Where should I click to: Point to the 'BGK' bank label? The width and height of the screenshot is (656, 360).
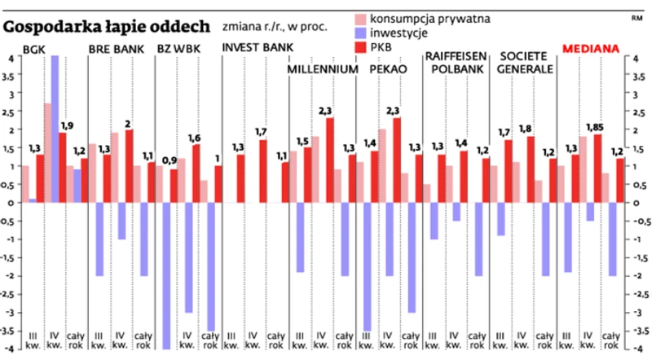coord(34,50)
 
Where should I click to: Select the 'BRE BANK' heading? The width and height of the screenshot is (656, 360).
coord(116,50)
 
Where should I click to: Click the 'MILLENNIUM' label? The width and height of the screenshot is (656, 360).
coord(323,69)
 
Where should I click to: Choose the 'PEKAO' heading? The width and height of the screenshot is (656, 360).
coord(387,69)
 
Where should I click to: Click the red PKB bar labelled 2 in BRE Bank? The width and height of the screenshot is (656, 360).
coord(129,166)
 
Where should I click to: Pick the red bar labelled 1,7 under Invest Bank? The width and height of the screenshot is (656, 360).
coord(262,171)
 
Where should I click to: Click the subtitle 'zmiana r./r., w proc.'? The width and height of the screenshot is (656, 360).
coord(275,27)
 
